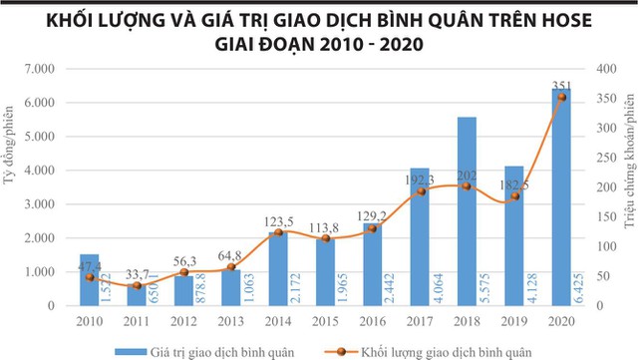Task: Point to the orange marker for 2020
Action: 561,97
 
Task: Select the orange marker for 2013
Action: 230,267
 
